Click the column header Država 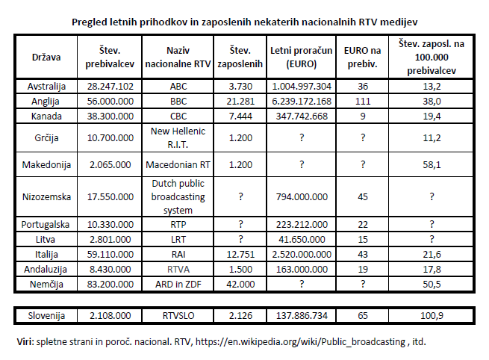point(47,56)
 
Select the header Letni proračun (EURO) point(302,56)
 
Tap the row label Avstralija point(47,86)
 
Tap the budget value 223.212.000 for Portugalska point(302,224)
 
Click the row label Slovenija point(47,316)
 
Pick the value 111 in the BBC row point(363,99)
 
